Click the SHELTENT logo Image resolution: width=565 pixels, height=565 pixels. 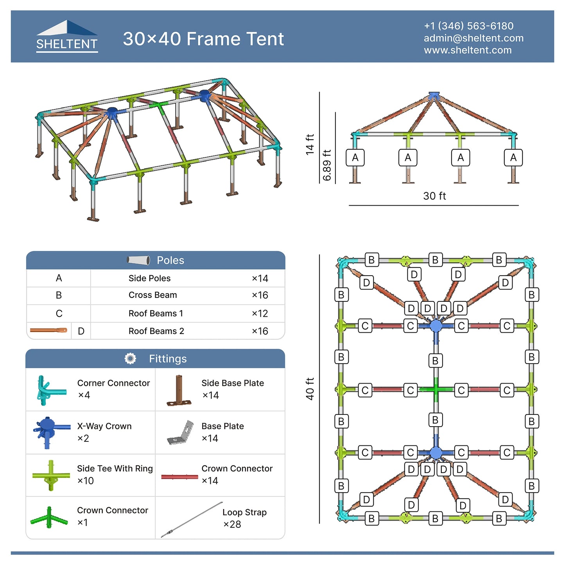coord(67,36)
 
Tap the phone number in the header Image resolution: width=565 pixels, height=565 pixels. coord(468,26)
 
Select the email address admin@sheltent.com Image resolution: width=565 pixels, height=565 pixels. coord(473,38)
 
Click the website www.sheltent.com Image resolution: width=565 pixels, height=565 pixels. coord(468,50)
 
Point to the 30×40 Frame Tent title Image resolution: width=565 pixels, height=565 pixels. coord(203,39)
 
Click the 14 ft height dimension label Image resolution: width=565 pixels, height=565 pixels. coord(310,144)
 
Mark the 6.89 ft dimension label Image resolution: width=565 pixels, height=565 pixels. coord(327,165)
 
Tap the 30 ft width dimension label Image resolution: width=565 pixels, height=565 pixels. coord(434,196)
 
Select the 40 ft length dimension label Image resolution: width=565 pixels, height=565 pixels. coord(310,389)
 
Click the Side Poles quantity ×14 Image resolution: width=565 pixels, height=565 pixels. coord(260,278)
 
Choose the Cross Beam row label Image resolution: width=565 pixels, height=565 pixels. coord(152,295)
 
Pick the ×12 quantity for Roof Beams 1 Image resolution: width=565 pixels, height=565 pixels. coord(260,314)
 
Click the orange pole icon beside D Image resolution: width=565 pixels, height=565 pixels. coord(48,330)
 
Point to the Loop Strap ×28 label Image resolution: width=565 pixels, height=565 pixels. coord(244,518)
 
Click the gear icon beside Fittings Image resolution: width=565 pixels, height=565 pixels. coord(130,359)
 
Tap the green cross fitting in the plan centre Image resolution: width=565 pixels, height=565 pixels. coord(436,389)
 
